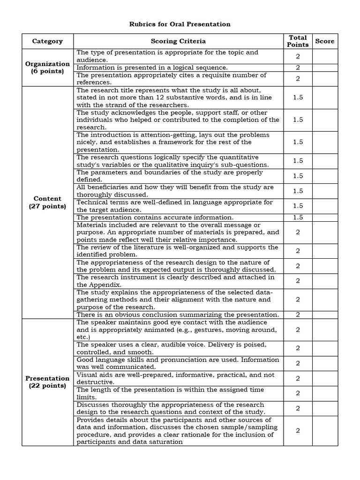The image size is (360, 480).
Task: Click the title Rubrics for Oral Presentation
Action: [x=180, y=24]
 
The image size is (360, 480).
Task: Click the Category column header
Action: [x=47, y=41]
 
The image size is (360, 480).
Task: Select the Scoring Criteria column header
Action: [x=178, y=41]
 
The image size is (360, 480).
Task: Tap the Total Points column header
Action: [x=298, y=41]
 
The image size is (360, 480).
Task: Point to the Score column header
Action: [x=324, y=41]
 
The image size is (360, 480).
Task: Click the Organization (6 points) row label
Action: [x=47, y=67]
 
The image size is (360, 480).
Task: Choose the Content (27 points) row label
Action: [x=47, y=202]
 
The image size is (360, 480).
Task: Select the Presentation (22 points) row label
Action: [x=47, y=382]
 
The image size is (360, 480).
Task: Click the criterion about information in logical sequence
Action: [x=152, y=67]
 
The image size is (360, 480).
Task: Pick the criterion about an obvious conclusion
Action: [x=178, y=315]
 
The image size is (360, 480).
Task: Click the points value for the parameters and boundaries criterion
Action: [x=298, y=176]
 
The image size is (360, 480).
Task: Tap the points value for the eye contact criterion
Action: [x=298, y=330]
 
